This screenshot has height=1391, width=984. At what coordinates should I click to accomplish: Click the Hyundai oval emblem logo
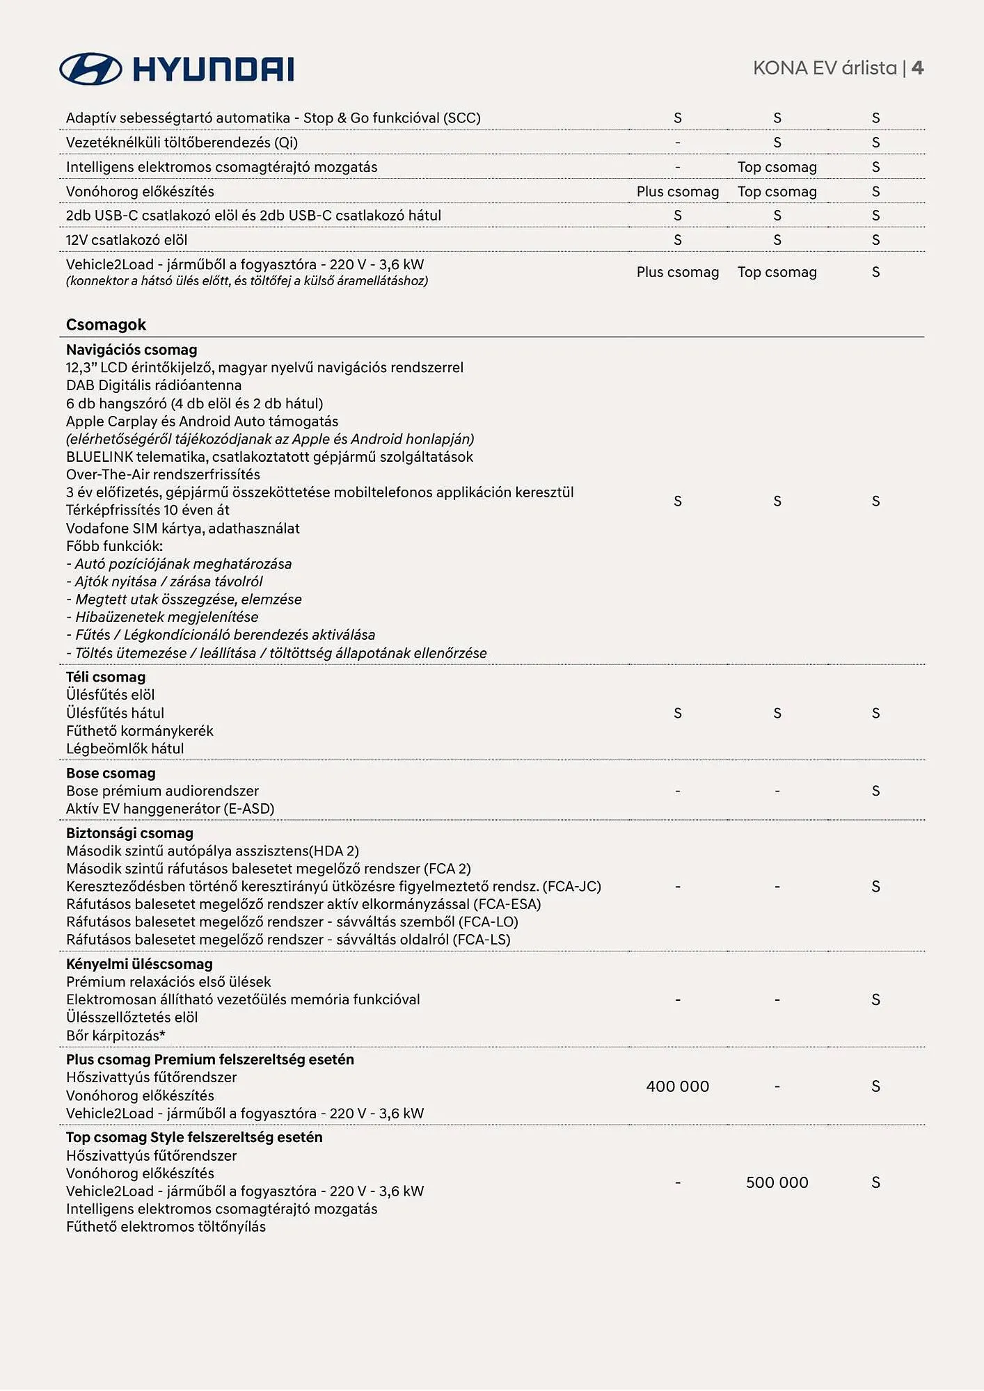[x=90, y=69]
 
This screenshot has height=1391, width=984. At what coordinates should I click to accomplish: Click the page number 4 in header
[x=917, y=68]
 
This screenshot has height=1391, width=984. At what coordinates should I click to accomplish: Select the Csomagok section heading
[x=106, y=325]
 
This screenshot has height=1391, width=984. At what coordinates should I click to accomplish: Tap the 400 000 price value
[x=677, y=1086]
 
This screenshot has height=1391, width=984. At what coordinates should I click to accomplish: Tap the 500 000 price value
[x=777, y=1182]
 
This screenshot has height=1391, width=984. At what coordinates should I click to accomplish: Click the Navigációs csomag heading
[x=132, y=350]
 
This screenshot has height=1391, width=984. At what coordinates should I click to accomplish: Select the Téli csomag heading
[x=106, y=677]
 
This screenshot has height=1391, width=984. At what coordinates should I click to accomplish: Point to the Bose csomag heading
[x=111, y=773]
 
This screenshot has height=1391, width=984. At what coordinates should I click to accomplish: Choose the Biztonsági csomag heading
[x=129, y=833]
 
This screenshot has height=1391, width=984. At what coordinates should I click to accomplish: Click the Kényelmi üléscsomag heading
[x=139, y=964]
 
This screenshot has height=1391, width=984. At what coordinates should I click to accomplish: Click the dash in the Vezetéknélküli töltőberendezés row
[x=677, y=143]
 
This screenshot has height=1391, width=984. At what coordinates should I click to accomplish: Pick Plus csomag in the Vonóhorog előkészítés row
[x=677, y=191]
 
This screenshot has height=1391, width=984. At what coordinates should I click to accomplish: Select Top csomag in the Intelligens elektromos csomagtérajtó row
[x=777, y=167]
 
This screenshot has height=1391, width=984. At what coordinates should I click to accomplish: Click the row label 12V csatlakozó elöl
[x=127, y=240]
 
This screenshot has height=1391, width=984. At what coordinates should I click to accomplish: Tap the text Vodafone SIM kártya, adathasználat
[x=182, y=528]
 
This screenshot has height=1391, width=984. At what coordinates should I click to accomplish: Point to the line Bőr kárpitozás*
[x=116, y=1036]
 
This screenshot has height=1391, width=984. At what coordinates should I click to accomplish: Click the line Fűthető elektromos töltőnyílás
[x=166, y=1227]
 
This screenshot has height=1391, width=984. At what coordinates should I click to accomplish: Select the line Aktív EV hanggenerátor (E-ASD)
[x=170, y=809]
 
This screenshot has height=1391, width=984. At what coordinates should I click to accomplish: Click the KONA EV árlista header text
[x=825, y=68]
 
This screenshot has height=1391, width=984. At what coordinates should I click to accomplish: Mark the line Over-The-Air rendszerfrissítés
[x=163, y=474]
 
